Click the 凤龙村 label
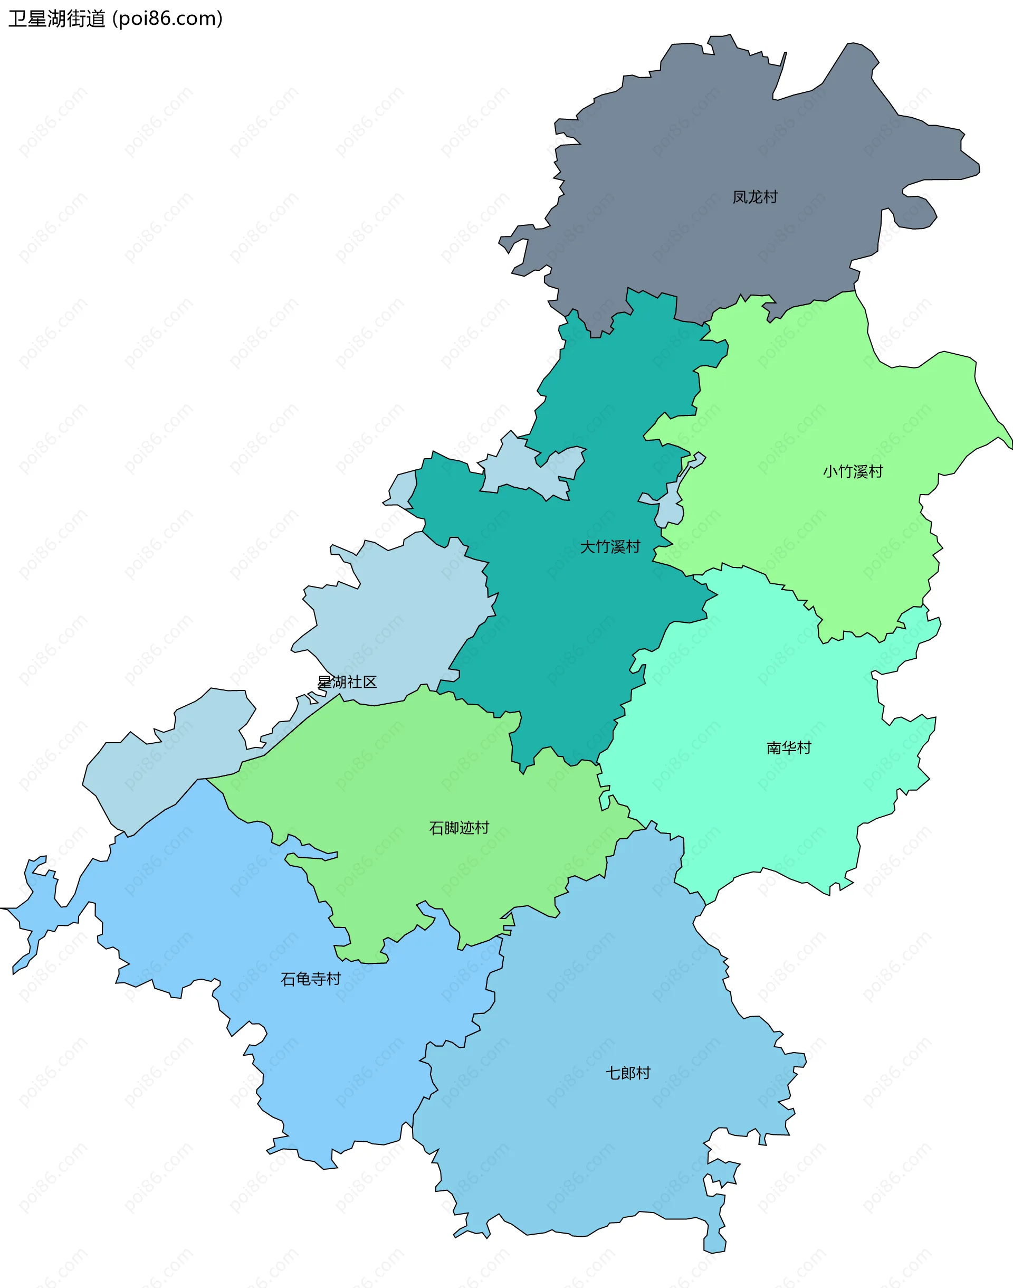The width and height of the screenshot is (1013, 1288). tap(754, 197)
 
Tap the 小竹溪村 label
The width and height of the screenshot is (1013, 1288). tap(852, 472)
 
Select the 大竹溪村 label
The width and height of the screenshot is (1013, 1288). tap(610, 546)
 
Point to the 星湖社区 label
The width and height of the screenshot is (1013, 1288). tap(347, 681)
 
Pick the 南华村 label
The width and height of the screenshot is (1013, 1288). tap(788, 747)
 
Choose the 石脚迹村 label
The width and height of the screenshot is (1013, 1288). tap(458, 828)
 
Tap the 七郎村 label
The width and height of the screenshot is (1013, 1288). tap(627, 1073)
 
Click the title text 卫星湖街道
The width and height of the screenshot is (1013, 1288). tap(56, 19)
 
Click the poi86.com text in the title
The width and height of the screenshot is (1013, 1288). tap(168, 19)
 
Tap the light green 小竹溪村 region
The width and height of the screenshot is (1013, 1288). tap(818, 403)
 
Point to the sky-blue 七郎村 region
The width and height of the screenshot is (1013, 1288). tap(593, 1157)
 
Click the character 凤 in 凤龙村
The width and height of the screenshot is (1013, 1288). tap(740, 197)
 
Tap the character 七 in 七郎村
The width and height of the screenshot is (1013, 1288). tap(613, 1073)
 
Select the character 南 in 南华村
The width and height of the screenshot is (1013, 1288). tap(773, 747)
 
